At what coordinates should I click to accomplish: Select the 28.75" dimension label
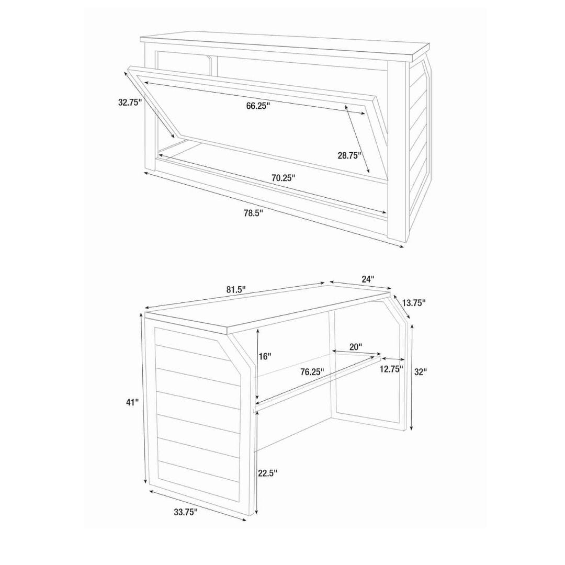(x=349, y=156)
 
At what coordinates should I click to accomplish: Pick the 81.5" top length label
(x=236, y=289)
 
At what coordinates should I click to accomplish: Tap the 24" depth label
(x=368, y=278)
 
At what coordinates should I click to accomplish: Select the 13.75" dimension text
(x=414, y=303)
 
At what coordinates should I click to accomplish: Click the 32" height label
(x=420, y=372)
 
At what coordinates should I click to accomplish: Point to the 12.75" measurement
(x=391, y=369)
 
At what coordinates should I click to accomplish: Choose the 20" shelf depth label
(x=356, y=347)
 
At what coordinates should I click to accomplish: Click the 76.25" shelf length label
(x=312, y=372)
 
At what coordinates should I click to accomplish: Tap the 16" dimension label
(x=265, y=356)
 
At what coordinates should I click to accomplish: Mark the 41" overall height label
(x=132, y=402)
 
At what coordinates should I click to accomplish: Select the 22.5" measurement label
(x=267, y=473)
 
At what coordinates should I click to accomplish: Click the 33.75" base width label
(x=186, y=512)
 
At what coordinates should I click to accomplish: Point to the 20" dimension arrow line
(x=356, y=353)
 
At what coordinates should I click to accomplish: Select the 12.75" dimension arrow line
(x=393, y=359)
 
